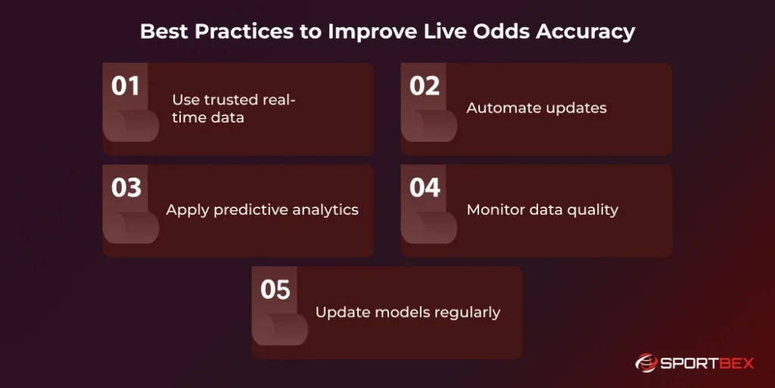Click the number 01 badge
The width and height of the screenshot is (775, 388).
[126, 86]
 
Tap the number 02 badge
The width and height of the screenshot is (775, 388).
[425, 86]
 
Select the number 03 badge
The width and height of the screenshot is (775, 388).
[126, 188]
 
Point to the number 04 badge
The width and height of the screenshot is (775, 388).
[425, 188]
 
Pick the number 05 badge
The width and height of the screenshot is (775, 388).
[275, 290]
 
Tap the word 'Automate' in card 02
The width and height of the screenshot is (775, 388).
[500, 107]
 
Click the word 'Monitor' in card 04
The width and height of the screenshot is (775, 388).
[495, 210]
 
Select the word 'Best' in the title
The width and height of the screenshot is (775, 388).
[160, 32]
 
